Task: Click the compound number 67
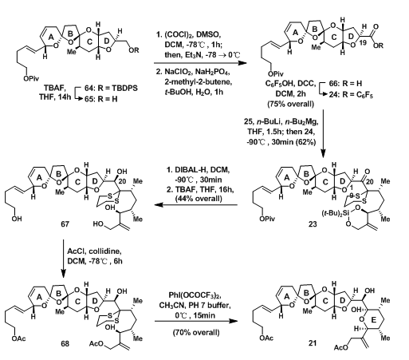[x=65, y=224]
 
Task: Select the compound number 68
[x=65, y=343]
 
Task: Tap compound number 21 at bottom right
[x=313, y=343]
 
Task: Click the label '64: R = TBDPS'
[x=111, y=88]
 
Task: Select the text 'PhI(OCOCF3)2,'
[x=195, y=295]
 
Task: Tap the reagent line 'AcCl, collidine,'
[x=95, y=251]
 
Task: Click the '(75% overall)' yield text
[x=290, y=104]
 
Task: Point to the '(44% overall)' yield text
[x=199, y=198]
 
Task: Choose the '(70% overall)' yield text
[x=196, y=332]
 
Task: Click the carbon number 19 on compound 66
[x=363, y=42]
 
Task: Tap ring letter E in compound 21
[x=373, y=320]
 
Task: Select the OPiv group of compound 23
[x=266, y=219]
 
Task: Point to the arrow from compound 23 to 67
[x=196, y=205]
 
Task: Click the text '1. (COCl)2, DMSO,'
[x=191, y=34]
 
